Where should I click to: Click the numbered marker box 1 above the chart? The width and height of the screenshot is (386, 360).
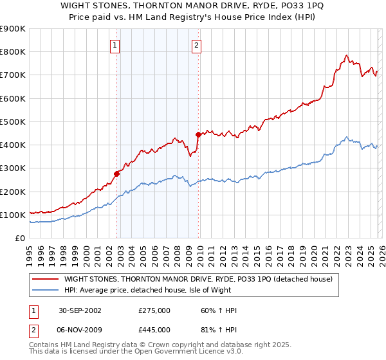[x=115, y=45]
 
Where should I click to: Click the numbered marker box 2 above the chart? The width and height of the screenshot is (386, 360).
[x=196, y=45]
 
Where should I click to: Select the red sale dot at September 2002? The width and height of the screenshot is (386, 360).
[x=117, y=174]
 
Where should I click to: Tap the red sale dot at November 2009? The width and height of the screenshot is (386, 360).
[x=198, y=134]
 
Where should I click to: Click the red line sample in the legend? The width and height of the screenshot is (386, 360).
[x=46, y=279]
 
